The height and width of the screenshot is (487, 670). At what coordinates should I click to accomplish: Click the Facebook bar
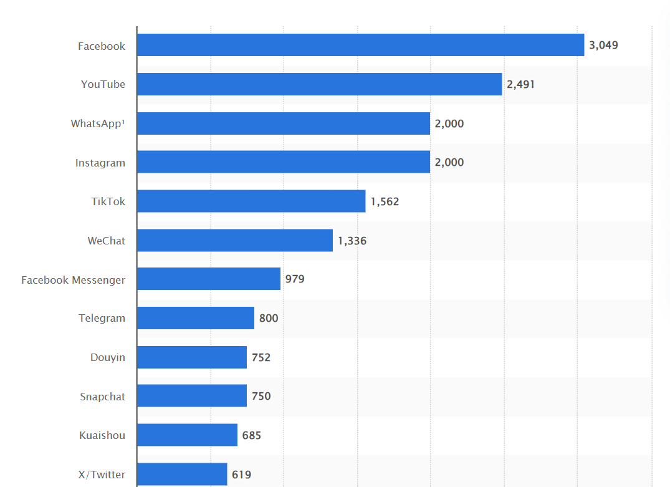[360, 45]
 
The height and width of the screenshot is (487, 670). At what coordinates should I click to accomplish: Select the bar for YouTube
[319, 84]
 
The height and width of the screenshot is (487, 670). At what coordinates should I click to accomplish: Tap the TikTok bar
[251, 201]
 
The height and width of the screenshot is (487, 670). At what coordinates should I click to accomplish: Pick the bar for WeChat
[235, 240]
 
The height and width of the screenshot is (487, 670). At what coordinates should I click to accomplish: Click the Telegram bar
[196, 318]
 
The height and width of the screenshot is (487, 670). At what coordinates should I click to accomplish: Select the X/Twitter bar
[182, 474]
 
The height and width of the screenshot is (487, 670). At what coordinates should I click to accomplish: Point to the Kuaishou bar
[187, 435]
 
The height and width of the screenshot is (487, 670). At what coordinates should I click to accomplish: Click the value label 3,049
[603, 45]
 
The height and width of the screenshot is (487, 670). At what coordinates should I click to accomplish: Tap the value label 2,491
[520, 84]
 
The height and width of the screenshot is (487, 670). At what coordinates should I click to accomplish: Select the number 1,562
[385, 201]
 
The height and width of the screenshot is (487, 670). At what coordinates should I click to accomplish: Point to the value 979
[295, 279]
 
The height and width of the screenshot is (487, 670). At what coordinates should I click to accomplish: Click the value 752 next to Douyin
[261, 357]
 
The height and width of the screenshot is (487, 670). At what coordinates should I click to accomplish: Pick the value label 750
[261, 396]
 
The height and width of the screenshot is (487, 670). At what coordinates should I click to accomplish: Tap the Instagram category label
[100, 163]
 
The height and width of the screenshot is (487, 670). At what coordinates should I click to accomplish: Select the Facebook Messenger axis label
[73, 280]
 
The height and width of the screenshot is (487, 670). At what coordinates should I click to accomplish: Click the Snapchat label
[102, 397]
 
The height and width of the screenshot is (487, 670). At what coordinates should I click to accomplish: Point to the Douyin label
[107, 357]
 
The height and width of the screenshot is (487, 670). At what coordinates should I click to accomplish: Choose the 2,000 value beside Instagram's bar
[449, 162]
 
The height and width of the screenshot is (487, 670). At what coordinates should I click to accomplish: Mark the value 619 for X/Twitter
[241, 475]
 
